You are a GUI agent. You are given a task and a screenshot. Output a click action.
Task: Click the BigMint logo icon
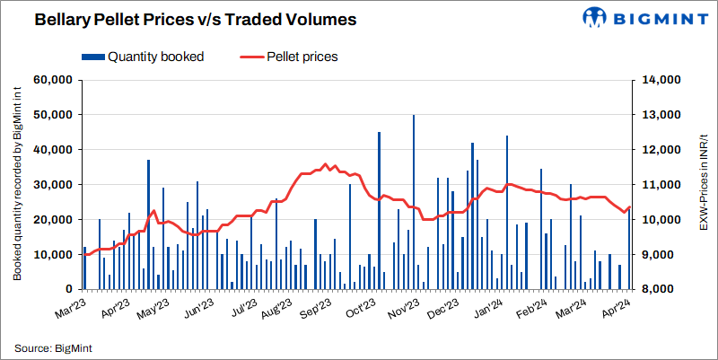pyautogui.click(x=597, y=18)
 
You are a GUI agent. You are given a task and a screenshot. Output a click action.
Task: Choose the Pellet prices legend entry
pyautogui.click(x=302, y=57)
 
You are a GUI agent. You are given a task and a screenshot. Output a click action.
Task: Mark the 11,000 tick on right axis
pyautogui.click(x=662, y=185)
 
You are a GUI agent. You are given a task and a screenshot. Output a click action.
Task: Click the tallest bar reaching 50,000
pyautogui.click(x=414, y=202)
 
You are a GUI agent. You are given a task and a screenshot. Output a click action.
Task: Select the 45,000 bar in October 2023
pyautogui.click(x=379, y=211)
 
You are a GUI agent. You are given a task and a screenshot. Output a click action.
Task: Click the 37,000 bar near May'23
pyautogui.click(x=148, y=224)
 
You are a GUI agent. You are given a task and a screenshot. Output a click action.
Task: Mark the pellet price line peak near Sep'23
pyautogui.click(x=324, y=164)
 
